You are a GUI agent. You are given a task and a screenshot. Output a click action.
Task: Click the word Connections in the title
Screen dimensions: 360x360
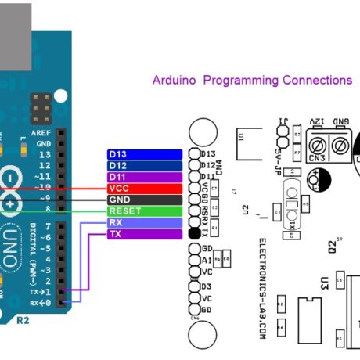311,81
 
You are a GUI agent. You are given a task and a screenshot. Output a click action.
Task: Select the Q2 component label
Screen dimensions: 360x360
333,248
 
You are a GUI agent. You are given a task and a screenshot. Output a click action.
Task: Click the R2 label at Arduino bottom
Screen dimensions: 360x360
23,321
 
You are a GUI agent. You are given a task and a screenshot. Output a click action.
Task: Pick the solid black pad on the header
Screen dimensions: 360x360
195,234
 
